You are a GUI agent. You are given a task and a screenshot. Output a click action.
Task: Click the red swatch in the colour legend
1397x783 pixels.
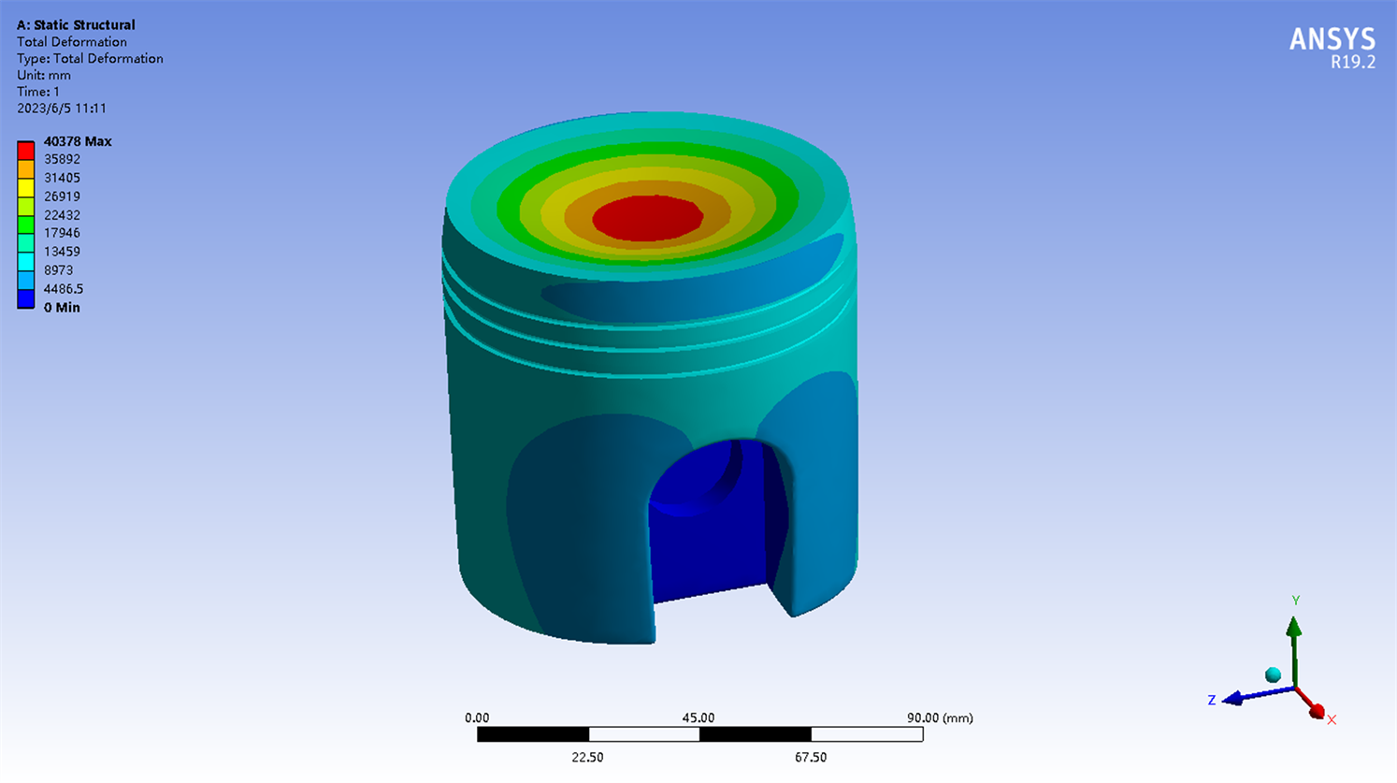click(x=25, y=151)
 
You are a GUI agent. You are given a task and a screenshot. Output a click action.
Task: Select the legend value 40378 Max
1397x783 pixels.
click(x=78, y=141)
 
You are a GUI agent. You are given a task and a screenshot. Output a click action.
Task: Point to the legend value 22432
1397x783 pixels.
click(x=62, y=214)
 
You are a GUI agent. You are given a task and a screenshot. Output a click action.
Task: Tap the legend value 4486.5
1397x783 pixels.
click(x=63, y=289)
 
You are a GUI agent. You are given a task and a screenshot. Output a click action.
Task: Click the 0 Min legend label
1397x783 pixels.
click(x=62, y=308)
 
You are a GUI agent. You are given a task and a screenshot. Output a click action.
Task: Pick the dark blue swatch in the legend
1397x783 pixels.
click(x=25, y=298)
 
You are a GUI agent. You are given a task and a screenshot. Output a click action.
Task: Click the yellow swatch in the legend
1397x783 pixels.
click(x=25, y=188)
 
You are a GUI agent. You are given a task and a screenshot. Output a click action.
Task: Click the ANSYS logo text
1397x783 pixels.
click(x=1332, y=39)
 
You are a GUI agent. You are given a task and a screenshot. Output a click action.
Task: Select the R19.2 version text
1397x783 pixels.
click(x=1353, y=63)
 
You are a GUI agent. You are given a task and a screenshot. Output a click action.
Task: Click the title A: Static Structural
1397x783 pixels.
click(x=76, y=25)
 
